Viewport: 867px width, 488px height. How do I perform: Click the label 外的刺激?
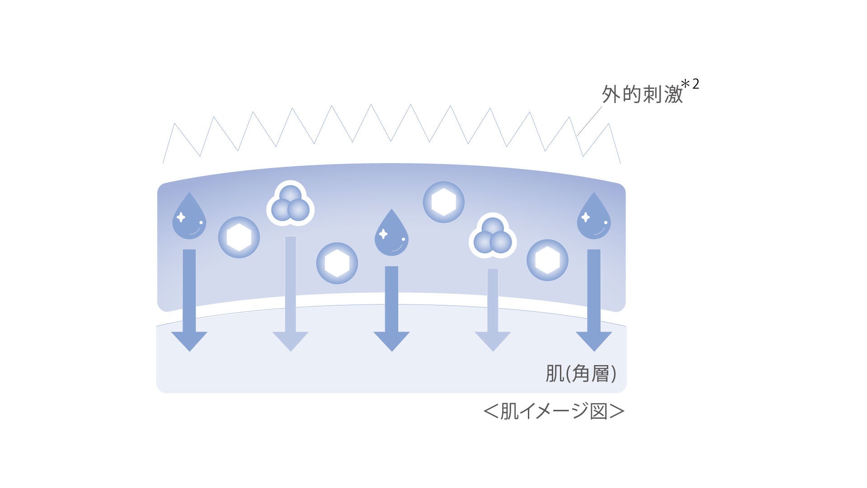click(x=642, y=95)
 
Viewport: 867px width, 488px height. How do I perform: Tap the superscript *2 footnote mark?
click(x=690, y=85)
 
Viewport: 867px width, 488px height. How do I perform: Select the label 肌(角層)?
click(x=580, y=373)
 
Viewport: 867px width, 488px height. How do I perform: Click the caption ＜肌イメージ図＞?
click(x=554, y=411)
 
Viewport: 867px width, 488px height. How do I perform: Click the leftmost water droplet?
click(x=189, y=218)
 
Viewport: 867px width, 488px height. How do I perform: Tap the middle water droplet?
click(x=392, y=234)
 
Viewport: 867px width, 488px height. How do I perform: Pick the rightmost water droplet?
click(x=594, y=218)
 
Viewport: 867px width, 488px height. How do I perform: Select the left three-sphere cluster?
click(x=290, y=204)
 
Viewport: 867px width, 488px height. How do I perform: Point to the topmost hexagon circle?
click(x=443, y=202)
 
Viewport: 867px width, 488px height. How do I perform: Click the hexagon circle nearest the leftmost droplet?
click(x=239, y=237)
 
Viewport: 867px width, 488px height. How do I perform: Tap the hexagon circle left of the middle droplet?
click(x=337, y=263)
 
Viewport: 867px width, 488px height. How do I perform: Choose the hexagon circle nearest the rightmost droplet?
click(x=547, y=260)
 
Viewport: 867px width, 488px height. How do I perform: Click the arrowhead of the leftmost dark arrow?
click(x=189, y=340)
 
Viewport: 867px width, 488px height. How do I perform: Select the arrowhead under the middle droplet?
click(x=392, y=340)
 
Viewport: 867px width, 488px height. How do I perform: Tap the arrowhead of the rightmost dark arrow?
click(x=594, y=340)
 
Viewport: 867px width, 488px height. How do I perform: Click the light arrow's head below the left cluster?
click(x=290, y=340)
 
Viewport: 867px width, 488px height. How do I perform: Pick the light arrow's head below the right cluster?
click(x=493, y=340)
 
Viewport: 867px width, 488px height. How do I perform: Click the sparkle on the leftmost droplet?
click(x=181, y=217)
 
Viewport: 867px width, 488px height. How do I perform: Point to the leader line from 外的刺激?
click(x=589, y=121)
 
